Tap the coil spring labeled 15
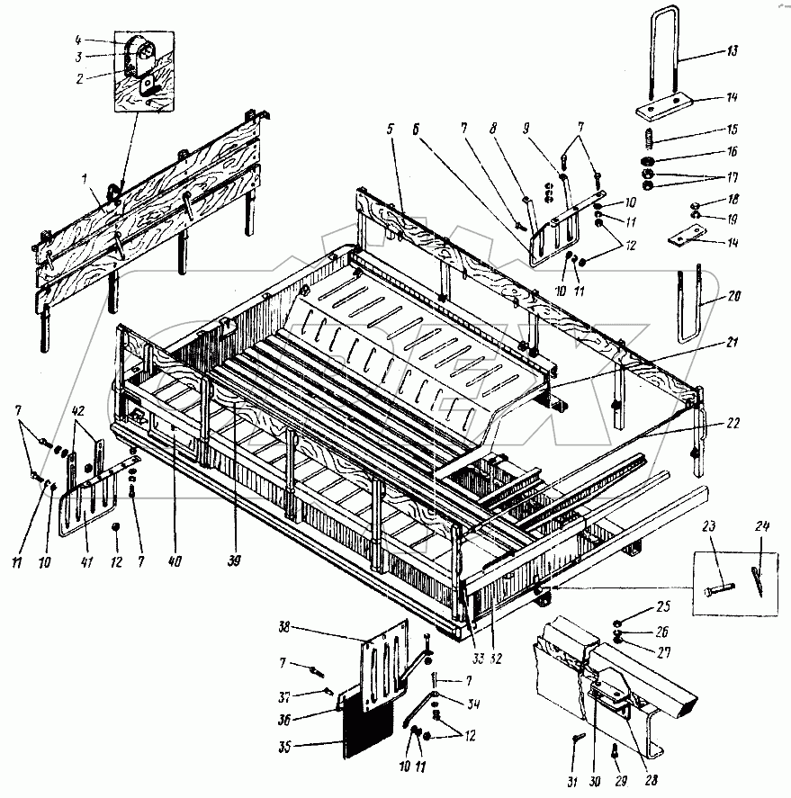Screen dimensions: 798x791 [x=646, y=140]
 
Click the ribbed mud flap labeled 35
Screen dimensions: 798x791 [x=366, y=726]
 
